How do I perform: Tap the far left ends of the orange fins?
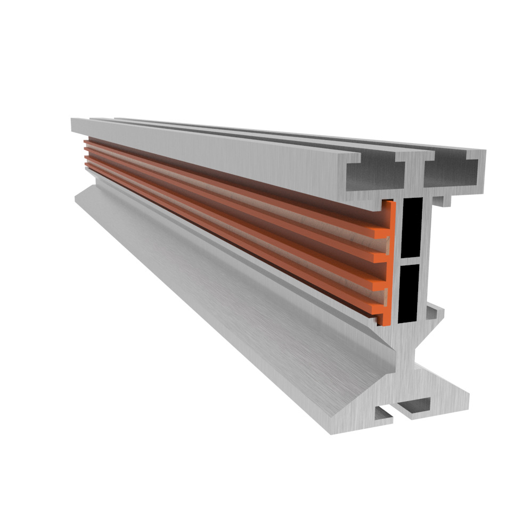tap(87, 155)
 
